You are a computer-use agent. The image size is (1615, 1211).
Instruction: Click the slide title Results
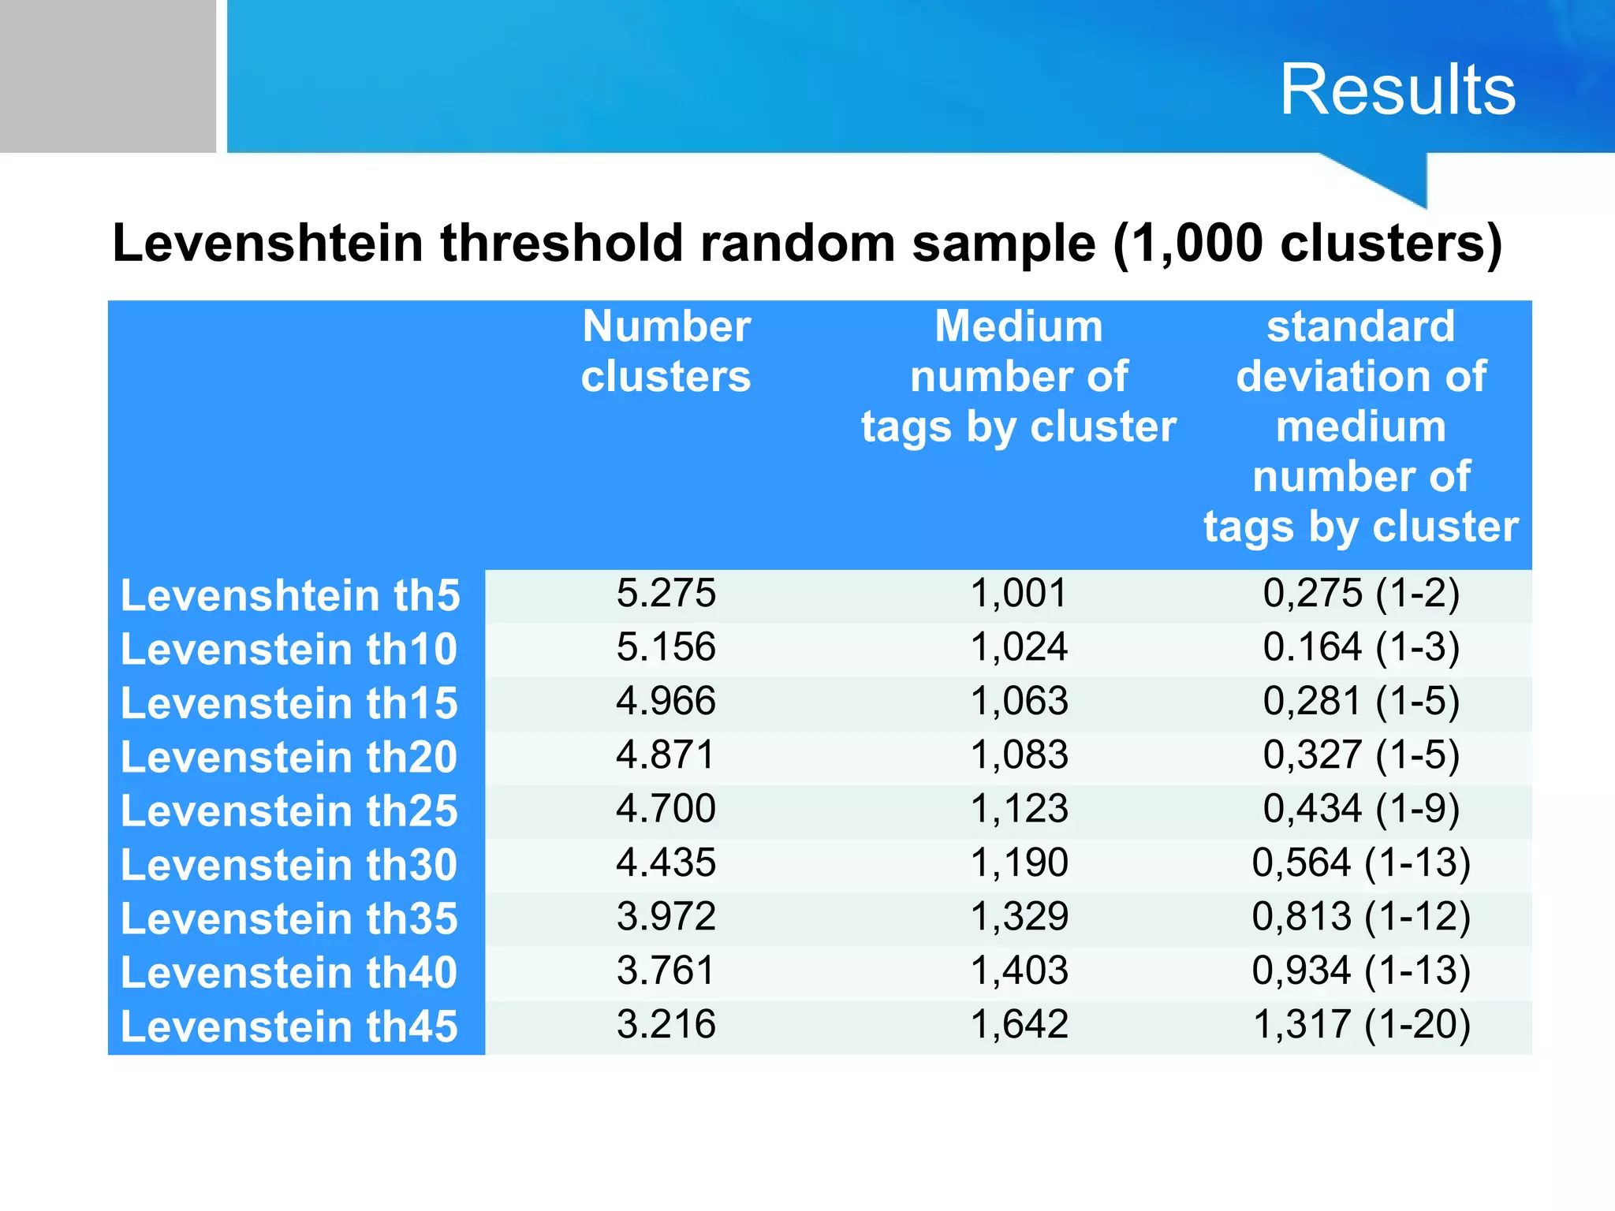pyautogui.click(x=1397, y=90)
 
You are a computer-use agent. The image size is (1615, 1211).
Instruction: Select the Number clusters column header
pyautogui.click(x=666, y=351)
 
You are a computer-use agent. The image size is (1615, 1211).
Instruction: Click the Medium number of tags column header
pyautogui.click(x=1018, y=376)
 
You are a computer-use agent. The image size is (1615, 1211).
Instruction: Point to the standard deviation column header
pyautogui.click(x=1360, y=426)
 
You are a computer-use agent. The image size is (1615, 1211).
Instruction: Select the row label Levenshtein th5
pyautogui.click(x=290, y=595)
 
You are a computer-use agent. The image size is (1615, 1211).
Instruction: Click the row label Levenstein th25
pyautogui.click(x=289, y=810)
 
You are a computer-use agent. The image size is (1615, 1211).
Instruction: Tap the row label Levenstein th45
pyautogui.click(x=289, y=1027)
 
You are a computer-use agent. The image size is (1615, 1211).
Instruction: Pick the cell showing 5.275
pyautogui.click(x=666, y=593)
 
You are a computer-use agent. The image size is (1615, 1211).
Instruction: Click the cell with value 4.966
pyautogui.click(x=666, y=701)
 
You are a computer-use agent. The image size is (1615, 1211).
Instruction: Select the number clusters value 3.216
pyautogui.click(x=666, y=1024)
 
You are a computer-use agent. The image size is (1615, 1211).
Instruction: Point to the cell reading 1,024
pyautogui.click(x=1019, y=647)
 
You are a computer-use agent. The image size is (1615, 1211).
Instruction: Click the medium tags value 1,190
pyautogui.click(x=1019, y=863)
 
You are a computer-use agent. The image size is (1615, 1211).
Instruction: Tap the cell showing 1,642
pyautogui.click(x=1019, y=1024)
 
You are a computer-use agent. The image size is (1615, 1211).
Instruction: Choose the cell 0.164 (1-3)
pyautogui.click(x=1361, y=647)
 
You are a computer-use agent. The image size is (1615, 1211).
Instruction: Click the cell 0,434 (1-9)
pyautogui.click(x=1361, y=809)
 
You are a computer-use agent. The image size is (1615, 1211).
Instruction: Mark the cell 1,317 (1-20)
pyautogui.click(x=1361, y=1024)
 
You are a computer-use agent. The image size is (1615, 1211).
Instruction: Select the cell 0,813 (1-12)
pyautogui.click(x=1361, y=916)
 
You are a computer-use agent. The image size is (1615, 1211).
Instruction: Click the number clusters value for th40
pyautogui.click(x=666, y=971)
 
